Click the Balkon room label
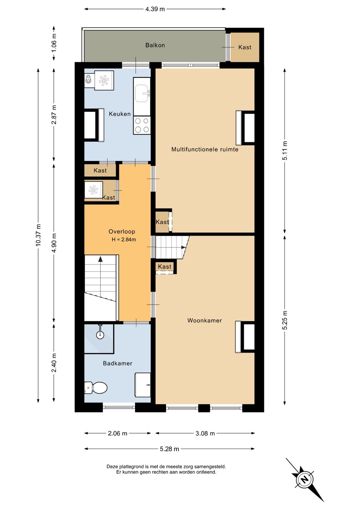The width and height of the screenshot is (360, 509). [x=155, y=45]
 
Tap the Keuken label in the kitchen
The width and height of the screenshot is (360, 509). [x=120, y=114]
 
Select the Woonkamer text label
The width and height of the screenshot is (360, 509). [x=204, y=320]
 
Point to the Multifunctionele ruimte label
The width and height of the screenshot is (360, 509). [x=205, y=149]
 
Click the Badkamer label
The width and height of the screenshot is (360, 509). [x=117, y=363]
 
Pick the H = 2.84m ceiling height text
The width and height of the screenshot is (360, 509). [x=124, y=240]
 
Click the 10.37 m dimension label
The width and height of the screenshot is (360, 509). [x=38, y=235]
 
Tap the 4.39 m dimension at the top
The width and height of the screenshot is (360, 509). [x=155, y=9]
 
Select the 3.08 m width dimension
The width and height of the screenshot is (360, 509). [x=205, y=433]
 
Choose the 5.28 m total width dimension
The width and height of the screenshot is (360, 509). [x=169, y=449]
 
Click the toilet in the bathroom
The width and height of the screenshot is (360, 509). [x=96, y=388]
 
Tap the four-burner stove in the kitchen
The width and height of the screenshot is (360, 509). [x=142, y=125]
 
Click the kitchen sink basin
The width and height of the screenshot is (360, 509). [x=142, y=93]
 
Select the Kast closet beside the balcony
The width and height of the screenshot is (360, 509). [x=245, y=47]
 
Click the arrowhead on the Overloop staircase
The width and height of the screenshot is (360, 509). [x=100, y=259]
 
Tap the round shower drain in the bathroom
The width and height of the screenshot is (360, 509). [x=100, y=334]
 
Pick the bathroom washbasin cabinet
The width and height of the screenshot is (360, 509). [x=143, y=385]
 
